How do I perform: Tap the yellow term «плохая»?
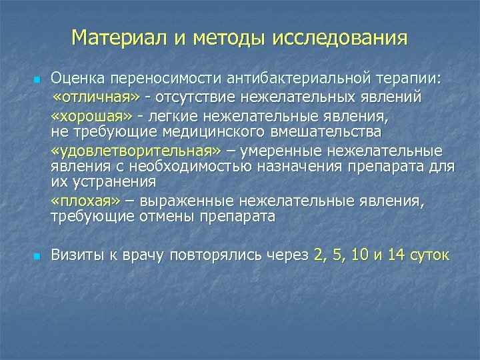(84, 201)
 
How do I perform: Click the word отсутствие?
(189, 99)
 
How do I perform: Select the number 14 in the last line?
(395, 255)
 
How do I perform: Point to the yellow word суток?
(431, 255)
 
